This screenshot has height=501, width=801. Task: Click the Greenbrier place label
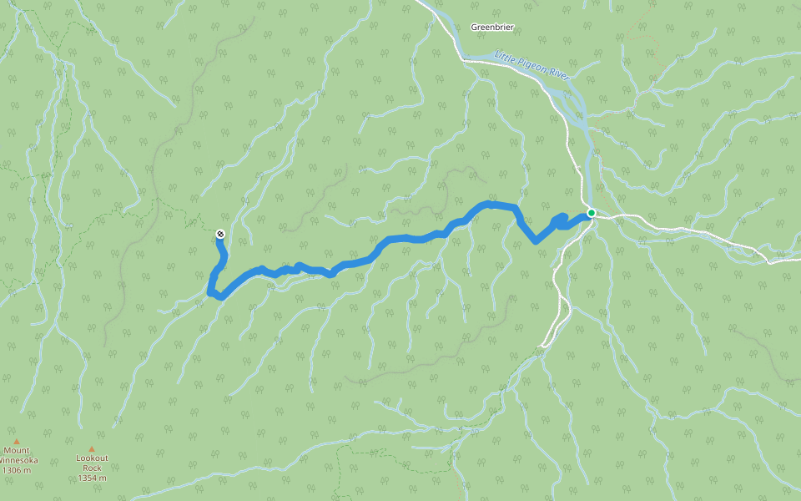[492, 27]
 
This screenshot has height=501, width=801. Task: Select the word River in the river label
[558, 76]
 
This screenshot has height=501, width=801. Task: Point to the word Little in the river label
[506, 57]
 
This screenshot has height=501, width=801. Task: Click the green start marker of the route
[591, 213]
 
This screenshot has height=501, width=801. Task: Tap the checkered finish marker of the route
[219, 234]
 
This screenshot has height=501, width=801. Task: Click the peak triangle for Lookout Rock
[92, 448]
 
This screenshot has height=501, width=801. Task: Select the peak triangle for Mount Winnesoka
[15, 442]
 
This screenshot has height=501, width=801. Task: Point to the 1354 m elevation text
[92, 478]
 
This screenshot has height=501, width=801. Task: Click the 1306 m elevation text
[16, 470]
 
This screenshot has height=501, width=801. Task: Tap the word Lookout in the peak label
[92, 458]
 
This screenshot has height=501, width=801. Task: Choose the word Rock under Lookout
[92, 468]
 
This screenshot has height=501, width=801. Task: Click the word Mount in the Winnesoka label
[16, 451]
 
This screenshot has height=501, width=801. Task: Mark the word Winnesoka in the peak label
[18, 460]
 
